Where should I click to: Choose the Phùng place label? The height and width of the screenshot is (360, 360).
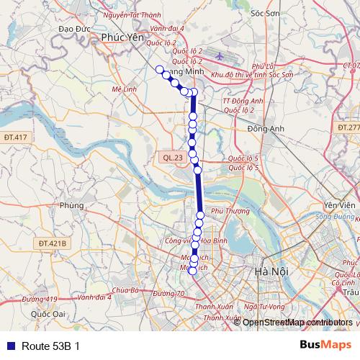pyautogui.click(x=73, y=205)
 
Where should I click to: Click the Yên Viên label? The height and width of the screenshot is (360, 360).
pyautogui.click(x=340, y=205)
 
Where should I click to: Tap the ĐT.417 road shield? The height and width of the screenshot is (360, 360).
pyautogui.click(x=14, y=137)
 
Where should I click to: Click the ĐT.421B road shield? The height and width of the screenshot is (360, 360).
pyautogui.click(x=53, y=243)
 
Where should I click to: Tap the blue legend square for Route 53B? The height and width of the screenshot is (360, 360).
pyautogui.click(x=10, y=346)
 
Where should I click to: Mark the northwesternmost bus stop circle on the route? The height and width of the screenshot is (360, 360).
pyautogui.click(x=159, y=69)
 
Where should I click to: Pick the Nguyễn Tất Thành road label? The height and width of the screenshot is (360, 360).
pyautogui.click(x=132, y=14)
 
